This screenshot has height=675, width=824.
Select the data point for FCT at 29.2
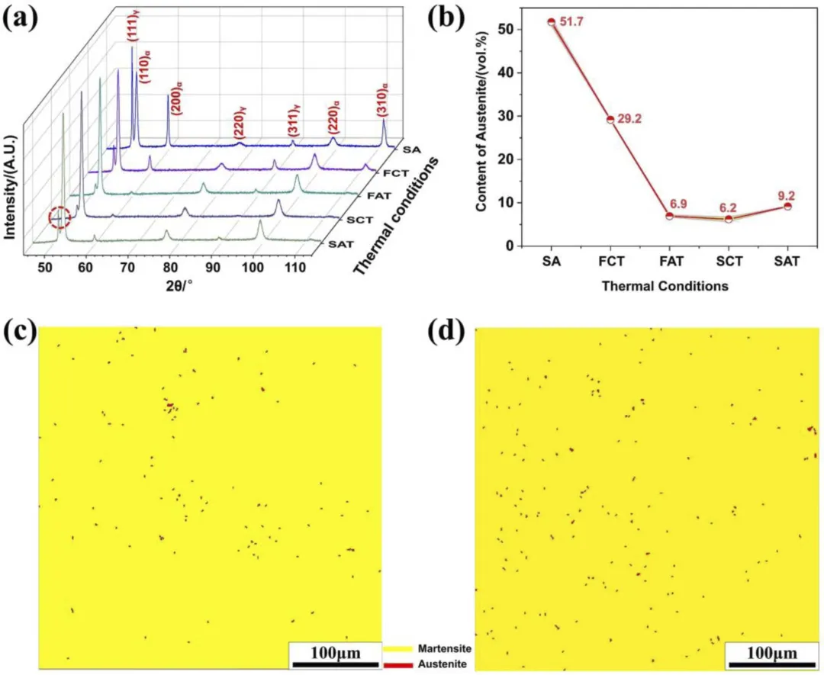pos(610,120)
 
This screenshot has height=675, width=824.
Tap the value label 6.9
pos(678,205)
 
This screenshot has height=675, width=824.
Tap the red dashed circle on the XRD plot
pos(60,219)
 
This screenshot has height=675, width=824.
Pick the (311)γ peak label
pos(292,124)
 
